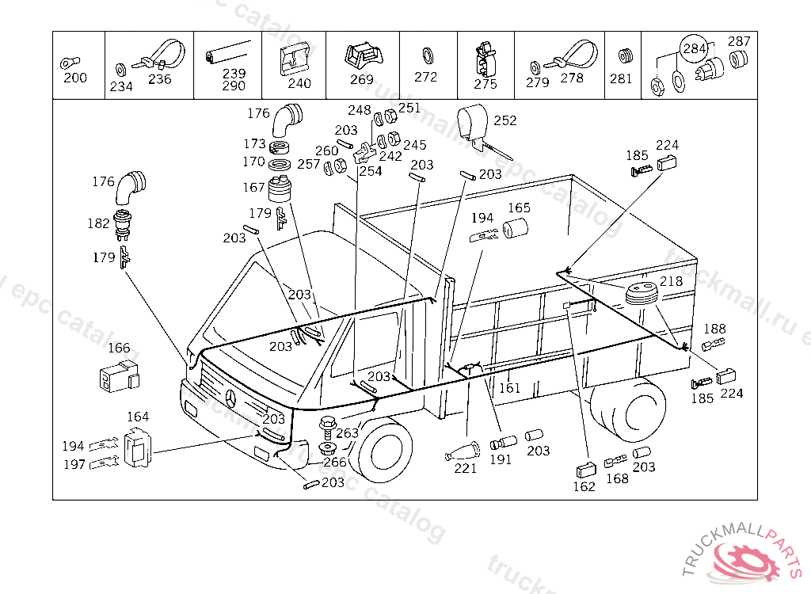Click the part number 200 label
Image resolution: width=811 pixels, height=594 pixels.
[75, 78]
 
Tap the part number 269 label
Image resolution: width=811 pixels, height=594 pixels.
[361, 79]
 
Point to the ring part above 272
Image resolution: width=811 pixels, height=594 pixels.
[426, 55]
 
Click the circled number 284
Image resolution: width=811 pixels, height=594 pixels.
[694, 49]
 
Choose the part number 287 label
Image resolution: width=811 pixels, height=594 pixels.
[739, 41]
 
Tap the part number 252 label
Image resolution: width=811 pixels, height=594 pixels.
[504, 121]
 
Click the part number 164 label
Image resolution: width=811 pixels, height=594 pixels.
[138, 417]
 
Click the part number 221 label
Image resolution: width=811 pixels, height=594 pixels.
[465, 468]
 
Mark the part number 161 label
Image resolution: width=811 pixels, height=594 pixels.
[509, 388]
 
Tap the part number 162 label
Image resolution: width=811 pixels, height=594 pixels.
[584, 486]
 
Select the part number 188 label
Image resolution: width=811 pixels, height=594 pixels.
[714, 329]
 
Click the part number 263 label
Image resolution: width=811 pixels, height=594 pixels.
[347, 433]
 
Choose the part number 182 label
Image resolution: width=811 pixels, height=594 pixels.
[98, 223]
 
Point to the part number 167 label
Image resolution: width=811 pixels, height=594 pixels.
[253, 188]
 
